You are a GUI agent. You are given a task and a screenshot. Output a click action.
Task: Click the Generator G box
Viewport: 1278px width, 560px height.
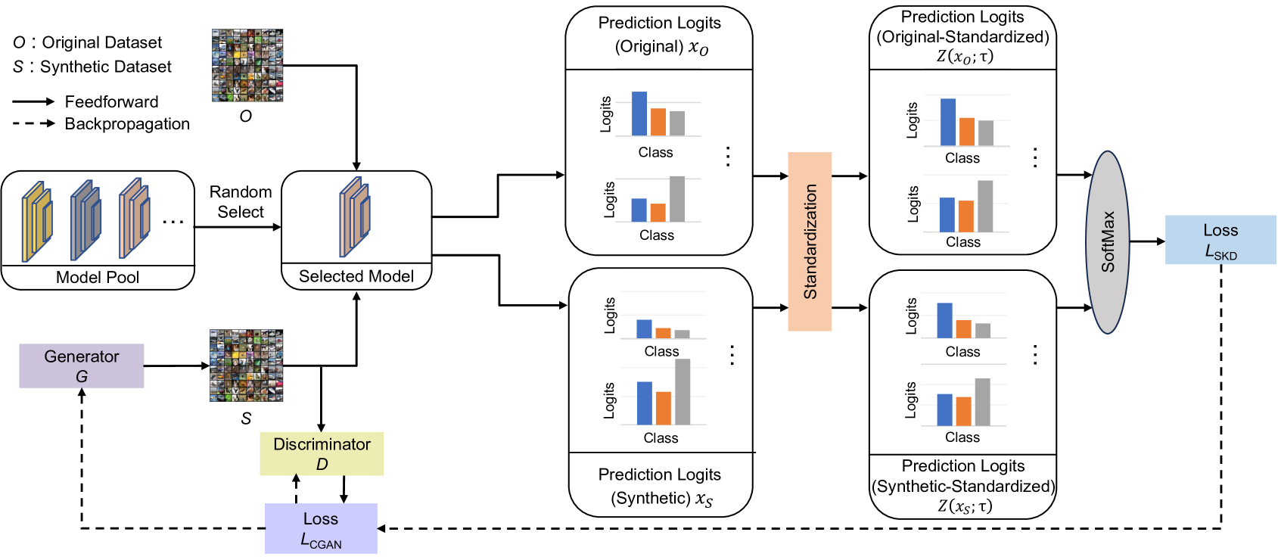click(x=82, y=366)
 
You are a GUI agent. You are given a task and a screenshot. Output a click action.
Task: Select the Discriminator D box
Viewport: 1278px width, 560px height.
click(x=322, y=454)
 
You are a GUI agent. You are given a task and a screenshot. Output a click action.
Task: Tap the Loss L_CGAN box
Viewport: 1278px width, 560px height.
click(x=321, y=528)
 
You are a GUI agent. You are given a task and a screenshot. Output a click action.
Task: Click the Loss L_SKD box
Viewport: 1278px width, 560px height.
click(x=1220, y=240)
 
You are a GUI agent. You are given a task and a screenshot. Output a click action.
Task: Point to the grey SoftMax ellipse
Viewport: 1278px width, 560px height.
click(x=1108, y=242)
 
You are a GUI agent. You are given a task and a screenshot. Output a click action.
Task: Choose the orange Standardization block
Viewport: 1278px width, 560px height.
click(x=810, y=241)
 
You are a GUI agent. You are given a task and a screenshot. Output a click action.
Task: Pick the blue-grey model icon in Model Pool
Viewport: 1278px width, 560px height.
click(x=86, y=219)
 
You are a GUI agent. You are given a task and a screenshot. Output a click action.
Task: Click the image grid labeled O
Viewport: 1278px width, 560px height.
click(x=247, y=66)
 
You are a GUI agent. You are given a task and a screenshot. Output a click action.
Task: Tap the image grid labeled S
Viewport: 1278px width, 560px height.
click(x=246, y=366)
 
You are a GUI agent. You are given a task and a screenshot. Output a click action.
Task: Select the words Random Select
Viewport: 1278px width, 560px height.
click(x=241, y=202)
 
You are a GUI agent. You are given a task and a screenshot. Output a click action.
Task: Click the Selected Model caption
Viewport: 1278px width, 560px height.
click(x=356, y=276)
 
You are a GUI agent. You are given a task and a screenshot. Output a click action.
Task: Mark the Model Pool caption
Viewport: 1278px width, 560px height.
click(x=98, y=277)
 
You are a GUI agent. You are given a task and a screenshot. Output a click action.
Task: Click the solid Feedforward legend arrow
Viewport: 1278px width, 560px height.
click(x=34, y=101)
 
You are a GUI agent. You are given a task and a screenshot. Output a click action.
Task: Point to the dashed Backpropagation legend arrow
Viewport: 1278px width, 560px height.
click(x=34, y=123)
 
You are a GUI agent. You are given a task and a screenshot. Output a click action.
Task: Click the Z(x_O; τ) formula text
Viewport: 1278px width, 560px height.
click(x=964, y=57)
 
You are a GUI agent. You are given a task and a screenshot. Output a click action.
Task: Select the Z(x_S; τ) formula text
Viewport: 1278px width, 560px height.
click(x=964, y=506)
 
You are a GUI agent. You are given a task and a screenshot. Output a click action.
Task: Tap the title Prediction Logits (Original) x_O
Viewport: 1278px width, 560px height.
click(x=660, y=35)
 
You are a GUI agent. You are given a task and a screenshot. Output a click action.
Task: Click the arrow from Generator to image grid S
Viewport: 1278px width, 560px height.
click(x=176, y=366)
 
